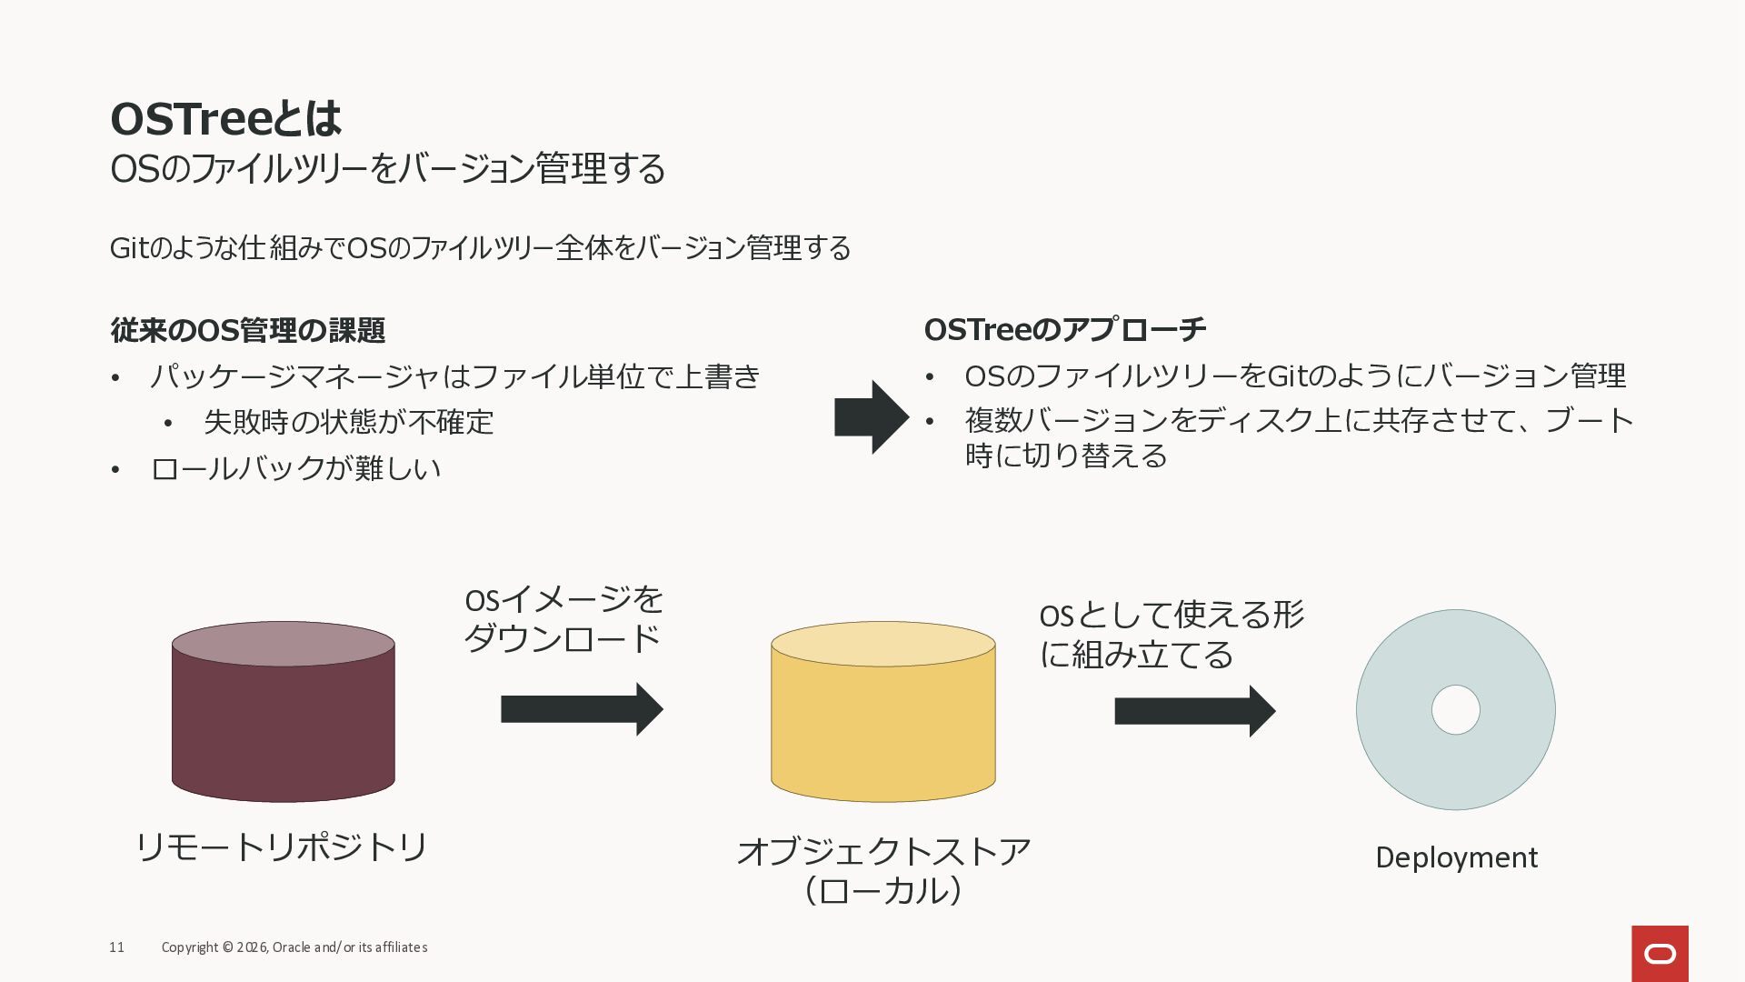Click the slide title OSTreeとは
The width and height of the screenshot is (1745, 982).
225,118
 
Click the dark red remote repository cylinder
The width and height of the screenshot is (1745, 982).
284,712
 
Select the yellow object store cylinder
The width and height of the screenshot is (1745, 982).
883,712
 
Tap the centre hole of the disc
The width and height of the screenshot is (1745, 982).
1456,710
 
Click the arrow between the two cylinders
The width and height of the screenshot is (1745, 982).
582,709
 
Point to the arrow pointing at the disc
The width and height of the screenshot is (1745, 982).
1195,711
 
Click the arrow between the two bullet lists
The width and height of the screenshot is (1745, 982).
872,417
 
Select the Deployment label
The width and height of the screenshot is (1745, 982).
1456,857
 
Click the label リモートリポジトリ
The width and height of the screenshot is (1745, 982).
282,847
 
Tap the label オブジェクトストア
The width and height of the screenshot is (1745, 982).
883,851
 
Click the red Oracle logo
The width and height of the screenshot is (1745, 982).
1660,954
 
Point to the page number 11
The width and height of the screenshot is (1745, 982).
116,947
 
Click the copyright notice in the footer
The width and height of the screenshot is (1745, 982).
294,947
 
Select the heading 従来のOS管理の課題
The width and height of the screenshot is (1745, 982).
247,330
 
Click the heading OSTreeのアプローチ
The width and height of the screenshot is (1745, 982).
1065,329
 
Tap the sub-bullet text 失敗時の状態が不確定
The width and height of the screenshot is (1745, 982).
349,422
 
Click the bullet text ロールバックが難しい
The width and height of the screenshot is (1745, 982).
295,468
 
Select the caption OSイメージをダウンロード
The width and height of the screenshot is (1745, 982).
563,619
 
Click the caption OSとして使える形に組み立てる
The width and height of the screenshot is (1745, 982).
1172,635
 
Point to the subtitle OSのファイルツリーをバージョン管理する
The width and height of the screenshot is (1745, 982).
388,169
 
